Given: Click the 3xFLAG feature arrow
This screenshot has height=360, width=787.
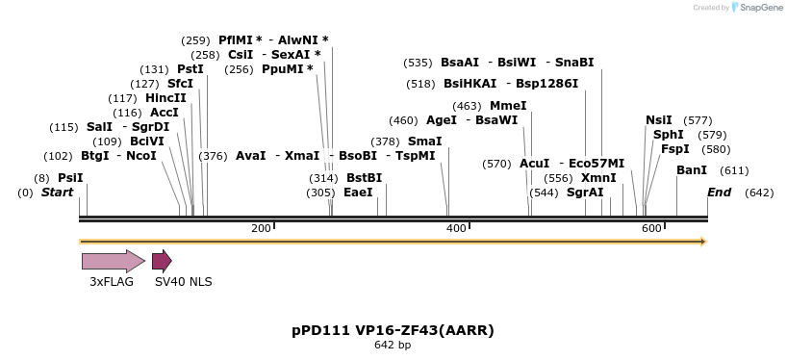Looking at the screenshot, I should pyautogui.click(x=113, y=261).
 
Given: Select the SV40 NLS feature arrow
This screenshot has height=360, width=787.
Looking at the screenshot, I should pyautogui.click(x=162, y=261).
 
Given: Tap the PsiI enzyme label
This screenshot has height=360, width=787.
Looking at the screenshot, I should pyautogui.click(x=70, y=178).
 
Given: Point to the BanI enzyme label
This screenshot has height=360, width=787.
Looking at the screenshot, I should pyautogui.click(x=692, y=170).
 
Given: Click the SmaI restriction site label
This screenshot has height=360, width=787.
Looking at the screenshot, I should pyautogui.click(x=425, y=141).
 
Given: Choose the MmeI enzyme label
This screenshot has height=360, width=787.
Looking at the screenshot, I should pyautogui.click(x=508, y=106).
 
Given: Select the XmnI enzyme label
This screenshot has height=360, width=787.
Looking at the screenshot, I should pyautogui.click(x=598, y=178).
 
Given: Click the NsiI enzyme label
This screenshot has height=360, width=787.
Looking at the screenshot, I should pyautogui.click(x=659, y=120).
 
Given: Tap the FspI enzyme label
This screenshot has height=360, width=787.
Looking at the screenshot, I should pyautogui.click(x=675, y=149).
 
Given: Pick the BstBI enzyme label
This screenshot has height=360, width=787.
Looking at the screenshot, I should pyautogui.click(x=365, y=178).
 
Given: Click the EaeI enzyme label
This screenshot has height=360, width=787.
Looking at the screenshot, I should pyautogui.click(x=358, y=193).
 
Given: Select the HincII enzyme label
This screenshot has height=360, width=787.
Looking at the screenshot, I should pyautogui.click(x=166, y=98).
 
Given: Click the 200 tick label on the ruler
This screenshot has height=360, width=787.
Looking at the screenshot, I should pyautogui.click(x=261, y=228).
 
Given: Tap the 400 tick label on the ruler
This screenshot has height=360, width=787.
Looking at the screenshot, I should pyautogui.click(x=457, y=228).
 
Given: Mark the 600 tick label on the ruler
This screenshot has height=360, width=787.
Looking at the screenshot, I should pyautogui.click(x=652, y=228).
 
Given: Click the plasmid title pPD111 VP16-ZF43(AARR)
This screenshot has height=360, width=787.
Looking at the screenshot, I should pyautogui.click(x=393, y=330).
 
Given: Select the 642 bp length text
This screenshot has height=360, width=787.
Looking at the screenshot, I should pyautogui.click(x=393, y=346).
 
